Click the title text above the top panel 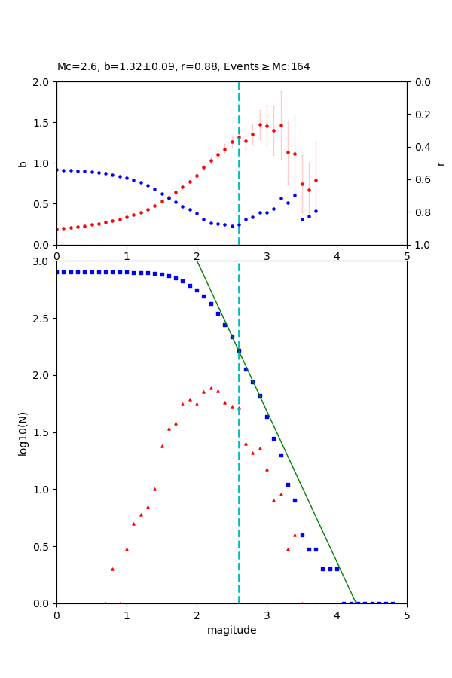(183, 67)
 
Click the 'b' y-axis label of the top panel (23, 163)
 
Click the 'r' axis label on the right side (440, 163)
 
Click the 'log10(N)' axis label (23, 432)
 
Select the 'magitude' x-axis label (231, 630)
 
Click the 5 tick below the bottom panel (407, 615)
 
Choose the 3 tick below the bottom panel (267, 615)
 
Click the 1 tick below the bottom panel (127, 615)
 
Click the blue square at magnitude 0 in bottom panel (56, 272)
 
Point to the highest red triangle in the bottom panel (211, 388)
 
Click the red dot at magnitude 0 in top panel (56, 229)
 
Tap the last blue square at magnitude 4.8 (392, 603)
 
